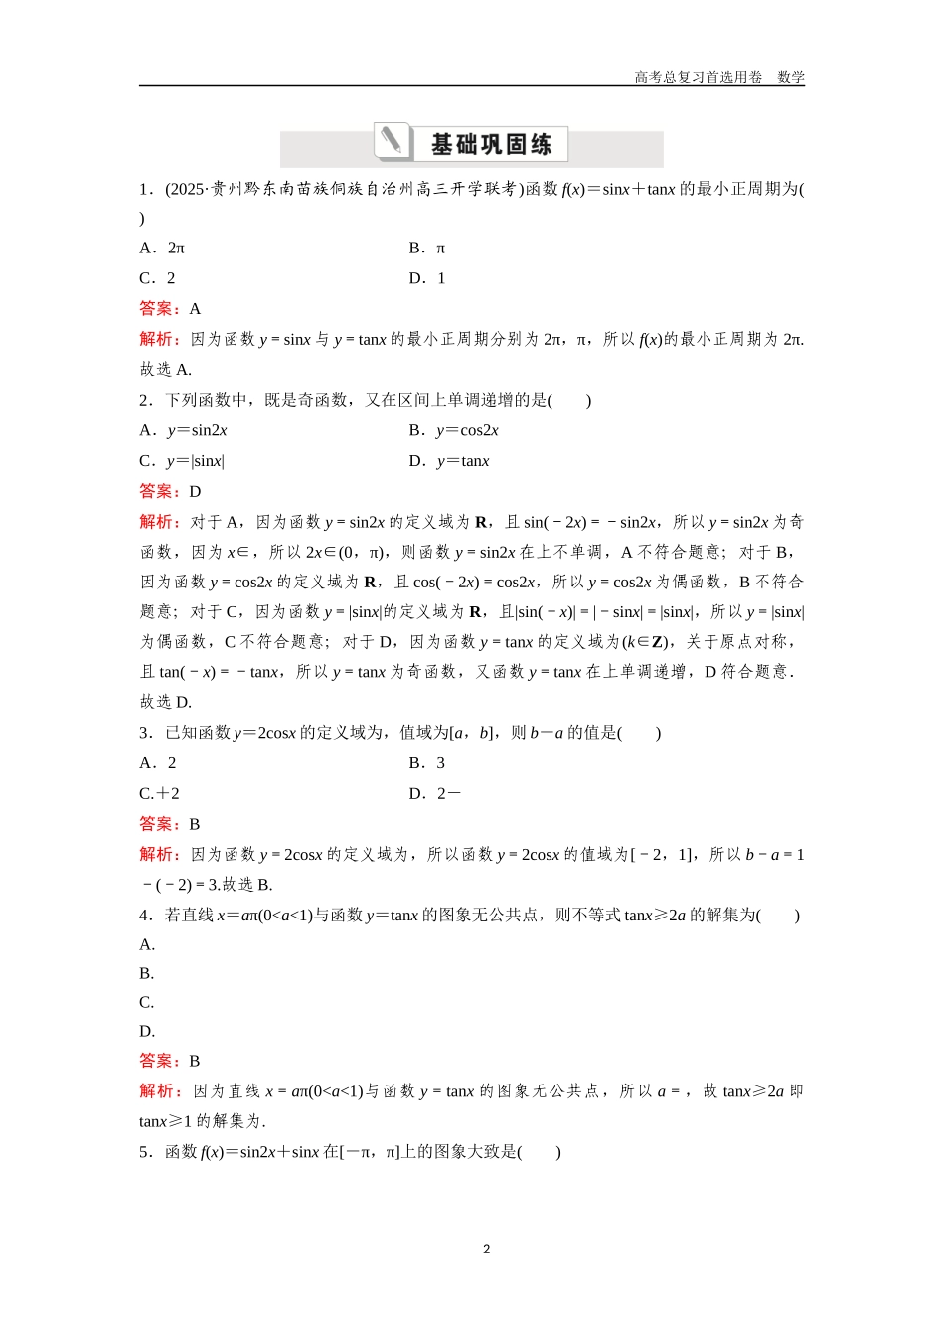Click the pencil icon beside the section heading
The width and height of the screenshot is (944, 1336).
coord(393,141)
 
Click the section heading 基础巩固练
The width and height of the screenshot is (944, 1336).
coord(491,145)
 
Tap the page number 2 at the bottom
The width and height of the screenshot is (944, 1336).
coord(486,1249)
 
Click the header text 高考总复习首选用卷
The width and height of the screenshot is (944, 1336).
coord(699,78)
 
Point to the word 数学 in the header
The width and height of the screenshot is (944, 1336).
coord(791,78)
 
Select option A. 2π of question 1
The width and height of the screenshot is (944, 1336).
coord(162,248)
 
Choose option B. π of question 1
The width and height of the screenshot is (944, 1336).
coord(427,248)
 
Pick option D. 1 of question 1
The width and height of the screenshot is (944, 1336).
coord(427,278)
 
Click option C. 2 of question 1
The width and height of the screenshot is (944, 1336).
coord(158,278)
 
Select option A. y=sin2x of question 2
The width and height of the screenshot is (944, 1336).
coord(184,430)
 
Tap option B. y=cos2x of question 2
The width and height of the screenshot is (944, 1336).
coord(454,430)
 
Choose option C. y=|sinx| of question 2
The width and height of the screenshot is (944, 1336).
coord(182,461)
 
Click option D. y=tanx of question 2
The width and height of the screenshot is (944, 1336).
coord(449,461)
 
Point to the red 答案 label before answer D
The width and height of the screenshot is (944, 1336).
coord(159,491)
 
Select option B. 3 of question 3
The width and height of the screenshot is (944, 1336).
coord(427,763)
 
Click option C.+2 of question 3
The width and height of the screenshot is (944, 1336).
coord(159,794)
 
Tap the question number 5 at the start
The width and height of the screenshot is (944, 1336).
coord(144,1152)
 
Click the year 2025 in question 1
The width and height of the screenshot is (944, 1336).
coord(186,189)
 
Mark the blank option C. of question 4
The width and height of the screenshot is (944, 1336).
coord(147,1002)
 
